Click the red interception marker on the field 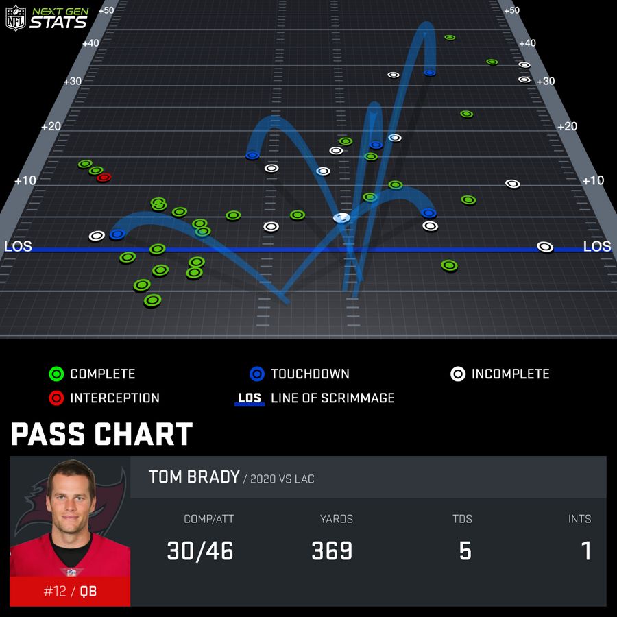pos(104,178)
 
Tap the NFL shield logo pos(15,17)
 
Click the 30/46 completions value pos(200,551)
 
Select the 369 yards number pos(332,551)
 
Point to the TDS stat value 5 pos(465,551)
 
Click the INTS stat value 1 pos(586,551)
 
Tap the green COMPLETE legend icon pos(56,374)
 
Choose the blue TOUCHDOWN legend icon pos(257,374)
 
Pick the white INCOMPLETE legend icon pos(458,374)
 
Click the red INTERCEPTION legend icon pos(56,398)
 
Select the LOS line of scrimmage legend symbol pos(250,398)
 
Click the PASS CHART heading pos(101,435)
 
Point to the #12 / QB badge pos(70,591)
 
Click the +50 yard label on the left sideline pos(106,10)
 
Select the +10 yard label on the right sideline pos(593,180)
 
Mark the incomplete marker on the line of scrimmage pos(545,247)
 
